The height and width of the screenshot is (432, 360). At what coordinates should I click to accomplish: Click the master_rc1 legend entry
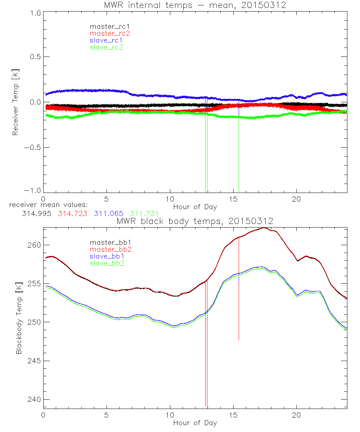click(107, 26)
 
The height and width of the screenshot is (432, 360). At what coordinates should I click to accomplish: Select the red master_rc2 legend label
click(109, 33)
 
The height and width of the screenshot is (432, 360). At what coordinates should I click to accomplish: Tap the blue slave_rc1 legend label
click(106, 40)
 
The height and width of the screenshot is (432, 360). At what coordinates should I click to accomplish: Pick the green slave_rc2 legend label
click(106, 47)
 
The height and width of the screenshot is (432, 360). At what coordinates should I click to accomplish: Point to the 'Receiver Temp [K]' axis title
click(15, 102)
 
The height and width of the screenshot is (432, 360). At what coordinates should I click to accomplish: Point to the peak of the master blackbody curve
click(264, 228)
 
